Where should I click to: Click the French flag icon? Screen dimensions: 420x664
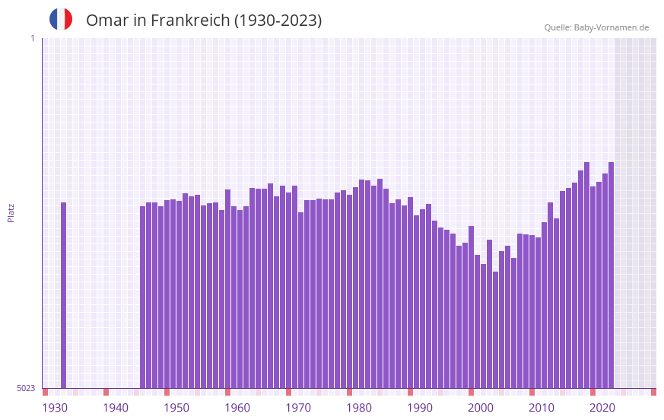pos(61,19)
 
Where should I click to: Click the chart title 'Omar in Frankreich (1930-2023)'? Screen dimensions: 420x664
pos(204,21)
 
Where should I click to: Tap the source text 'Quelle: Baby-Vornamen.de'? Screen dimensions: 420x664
pos(596,27)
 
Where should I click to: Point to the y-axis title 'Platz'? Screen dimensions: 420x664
pos(11,212)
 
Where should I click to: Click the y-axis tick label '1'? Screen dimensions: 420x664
pos(32,38)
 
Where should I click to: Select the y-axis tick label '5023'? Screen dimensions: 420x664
pos(26,388)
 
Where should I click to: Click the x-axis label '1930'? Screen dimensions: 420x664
pos(55,408)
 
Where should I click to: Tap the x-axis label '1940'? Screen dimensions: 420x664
pos(116,408)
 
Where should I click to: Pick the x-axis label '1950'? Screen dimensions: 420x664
pos(176,408)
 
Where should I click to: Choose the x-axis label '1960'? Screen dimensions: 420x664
pos(237,408)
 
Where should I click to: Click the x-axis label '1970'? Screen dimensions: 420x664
pos(298,408)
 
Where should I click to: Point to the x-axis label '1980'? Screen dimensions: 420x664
pos(359,408)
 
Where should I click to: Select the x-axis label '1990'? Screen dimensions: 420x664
pos(420,408)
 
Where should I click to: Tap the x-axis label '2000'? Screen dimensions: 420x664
pos(481,408)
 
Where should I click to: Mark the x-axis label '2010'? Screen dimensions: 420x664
pos(542,408)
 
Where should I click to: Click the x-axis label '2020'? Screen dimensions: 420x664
pos(602,408)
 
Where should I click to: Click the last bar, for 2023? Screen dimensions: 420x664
pos(611,275)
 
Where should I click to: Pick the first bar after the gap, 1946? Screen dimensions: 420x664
pos(143,297)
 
